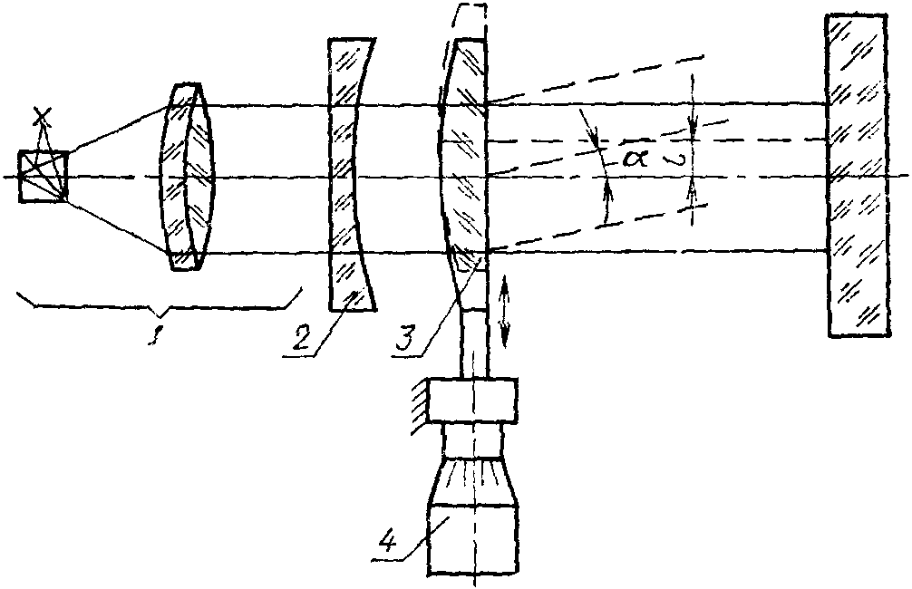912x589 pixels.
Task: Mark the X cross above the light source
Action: (41, 116)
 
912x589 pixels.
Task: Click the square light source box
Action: (43, 177)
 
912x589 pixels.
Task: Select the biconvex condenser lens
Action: (188, 177)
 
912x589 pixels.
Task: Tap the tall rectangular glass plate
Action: (856, 175)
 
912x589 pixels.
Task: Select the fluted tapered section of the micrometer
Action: (472, 479)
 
